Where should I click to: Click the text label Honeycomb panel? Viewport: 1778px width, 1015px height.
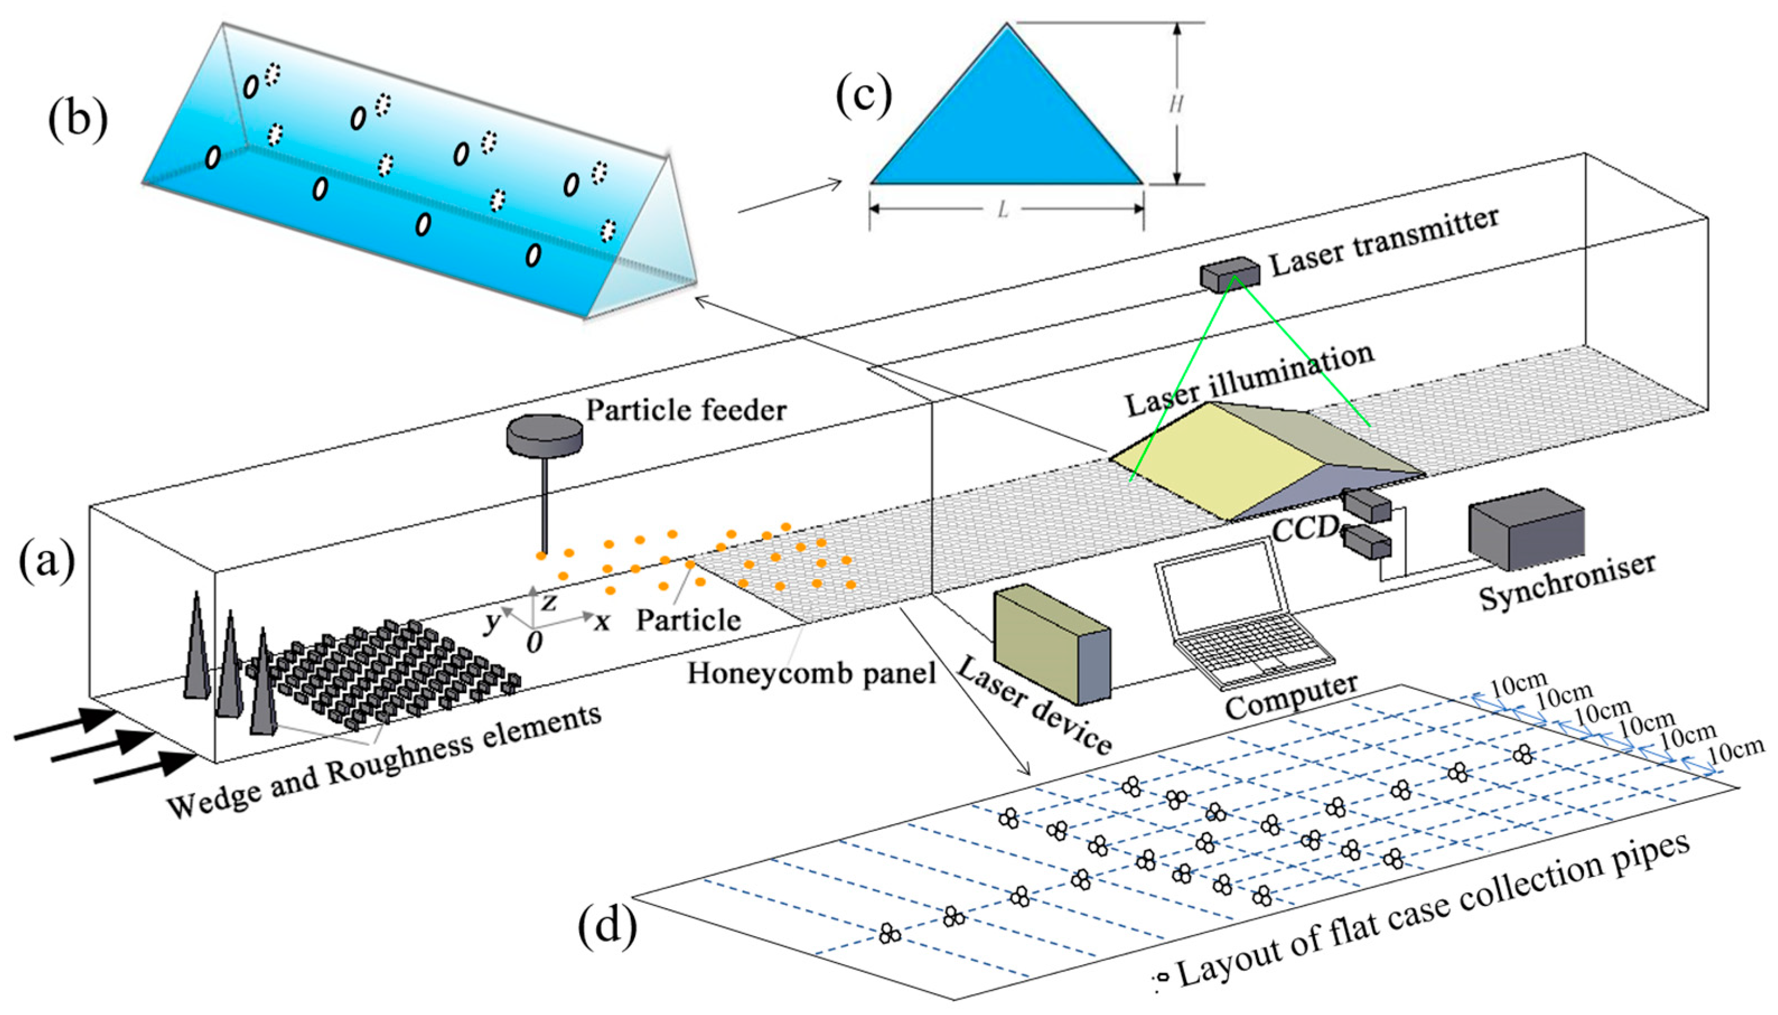click(x=811, y=674)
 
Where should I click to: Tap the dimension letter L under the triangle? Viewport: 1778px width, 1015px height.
click(x=1002, y=209)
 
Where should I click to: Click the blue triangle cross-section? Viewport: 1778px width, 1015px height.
click(x=1006, y=122)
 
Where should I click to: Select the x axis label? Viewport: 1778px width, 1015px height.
click(x=601, y=621)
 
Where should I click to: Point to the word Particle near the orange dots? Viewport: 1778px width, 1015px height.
click(x=688, y=619)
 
